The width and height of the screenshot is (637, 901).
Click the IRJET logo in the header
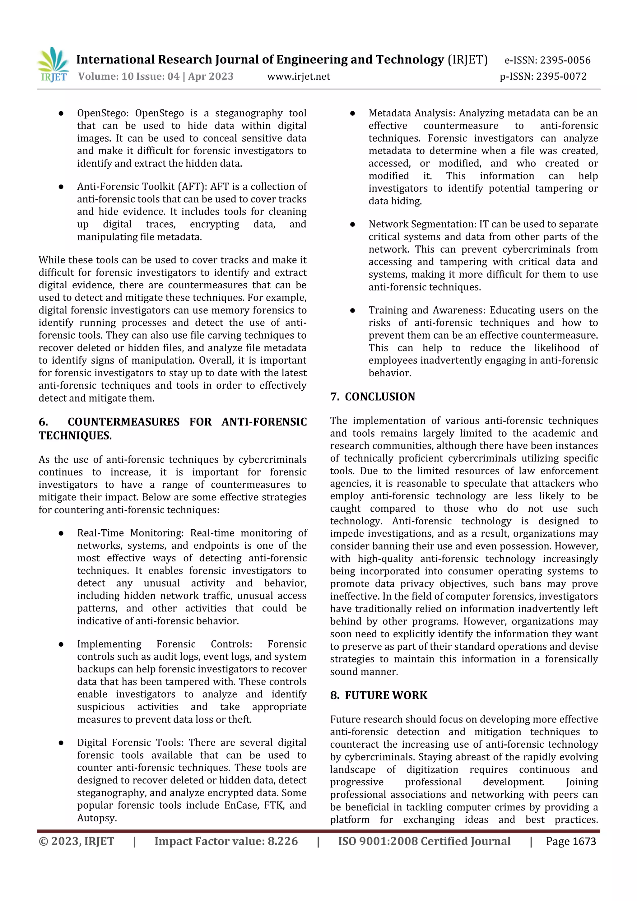(53, 64)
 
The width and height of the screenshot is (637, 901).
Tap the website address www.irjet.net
(298, 77)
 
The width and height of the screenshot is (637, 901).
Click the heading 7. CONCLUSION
(373, 397)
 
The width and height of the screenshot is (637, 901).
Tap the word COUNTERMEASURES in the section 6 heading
(123, 422)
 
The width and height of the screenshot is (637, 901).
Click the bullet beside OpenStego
(61, 114)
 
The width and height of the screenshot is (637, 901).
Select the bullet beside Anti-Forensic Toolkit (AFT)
(61, 187)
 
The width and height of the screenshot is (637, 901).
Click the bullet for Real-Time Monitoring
(61, 533)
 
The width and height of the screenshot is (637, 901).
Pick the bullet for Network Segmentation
(352, 225)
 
